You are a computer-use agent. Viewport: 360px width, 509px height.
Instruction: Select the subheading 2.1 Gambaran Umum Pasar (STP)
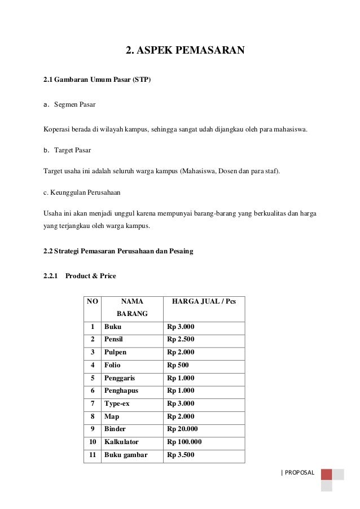tap(97, 80)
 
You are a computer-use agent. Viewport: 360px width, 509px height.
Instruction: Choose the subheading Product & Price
tap(90, 276)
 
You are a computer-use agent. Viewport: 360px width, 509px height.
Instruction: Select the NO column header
tap(92, 302)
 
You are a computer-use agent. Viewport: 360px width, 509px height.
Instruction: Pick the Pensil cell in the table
tap(114, 340)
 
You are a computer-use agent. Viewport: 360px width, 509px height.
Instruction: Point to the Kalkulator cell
tap(121, 442)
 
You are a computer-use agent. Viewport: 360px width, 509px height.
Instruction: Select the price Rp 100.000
tap(185, 442)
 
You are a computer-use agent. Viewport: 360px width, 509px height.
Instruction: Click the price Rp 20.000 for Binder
tap(182, 429)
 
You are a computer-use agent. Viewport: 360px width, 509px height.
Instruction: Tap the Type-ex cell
tap(117, 403)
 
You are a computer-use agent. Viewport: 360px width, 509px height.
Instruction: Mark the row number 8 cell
tap(92, 416)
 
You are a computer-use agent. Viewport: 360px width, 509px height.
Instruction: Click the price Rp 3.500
tap(181, 454)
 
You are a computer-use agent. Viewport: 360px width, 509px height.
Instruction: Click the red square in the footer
tap(326, 474)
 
